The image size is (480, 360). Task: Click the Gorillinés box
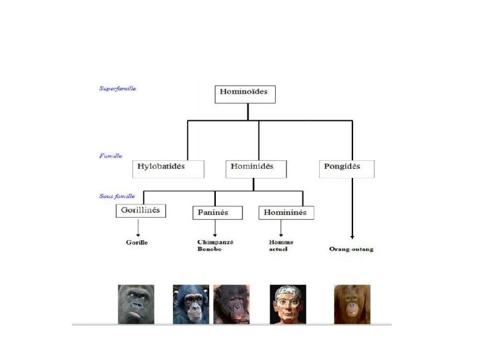coord(141,211)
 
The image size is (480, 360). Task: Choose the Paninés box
coord(218,212)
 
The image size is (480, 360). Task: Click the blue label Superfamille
coord(117,88)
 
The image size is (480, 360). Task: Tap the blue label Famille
coord(111,155)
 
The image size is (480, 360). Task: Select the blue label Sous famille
coord(117,196)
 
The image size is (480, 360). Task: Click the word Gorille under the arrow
coord(138,243)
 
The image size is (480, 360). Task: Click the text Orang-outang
coord(351,249)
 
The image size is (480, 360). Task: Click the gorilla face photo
coord(136,304)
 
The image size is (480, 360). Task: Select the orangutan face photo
coord(352,304)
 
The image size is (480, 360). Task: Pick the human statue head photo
coord(288,304)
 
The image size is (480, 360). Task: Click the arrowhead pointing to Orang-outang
coord(352,238)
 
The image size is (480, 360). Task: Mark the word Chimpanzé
coord(215,242)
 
